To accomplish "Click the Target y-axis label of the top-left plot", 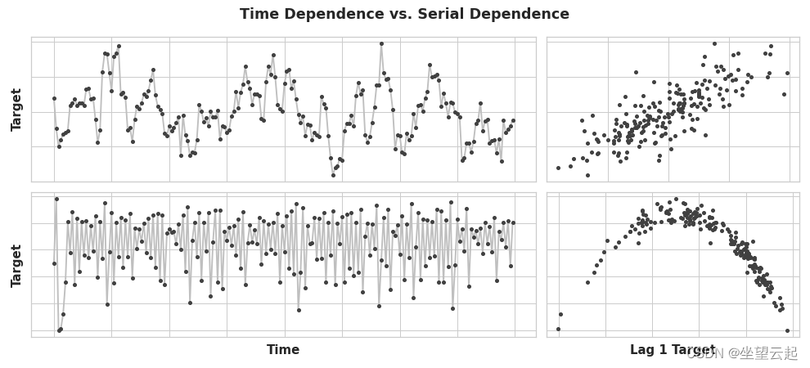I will pyautogui.click(x=16, y=110).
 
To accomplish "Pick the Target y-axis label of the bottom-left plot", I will pyautogui.click(x=16, y=265).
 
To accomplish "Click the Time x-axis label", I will pyautogui.click(x=283, y=350).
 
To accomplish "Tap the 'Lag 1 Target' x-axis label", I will pyautogui.click(x=672, y=350).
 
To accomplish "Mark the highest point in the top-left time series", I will pyautogui.click(x=381, y=44).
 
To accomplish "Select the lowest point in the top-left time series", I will pyautogui.click(x=334, y=175).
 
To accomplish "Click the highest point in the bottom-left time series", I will pyautogui.click(x=56, y=199).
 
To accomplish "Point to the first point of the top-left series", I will pyautogui.click(x=54, y=98).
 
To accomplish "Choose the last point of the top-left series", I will pyautogui.click(x=513, y=120).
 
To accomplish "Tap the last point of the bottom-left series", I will pyautogui.click(x=513, y=222).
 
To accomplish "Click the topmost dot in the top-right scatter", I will pyautogui.click(x=714, y=44).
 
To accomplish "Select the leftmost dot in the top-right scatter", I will pyautogui.click(x=558, y=168).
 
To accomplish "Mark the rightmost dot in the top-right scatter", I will pyautogui.click(x=788, y=74).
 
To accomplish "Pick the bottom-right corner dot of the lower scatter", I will pyautogui.click(x=787, y=331).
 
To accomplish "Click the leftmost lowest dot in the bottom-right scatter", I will pyautogui.click(x=558, y=330).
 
